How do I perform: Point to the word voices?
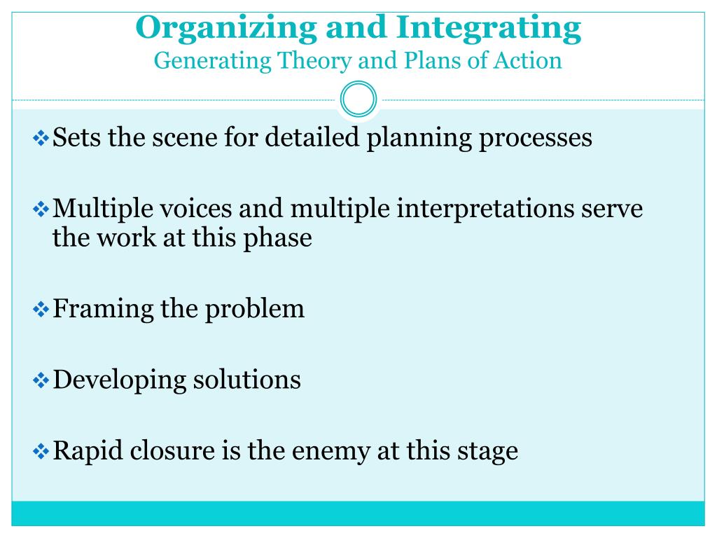click(187, 208)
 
